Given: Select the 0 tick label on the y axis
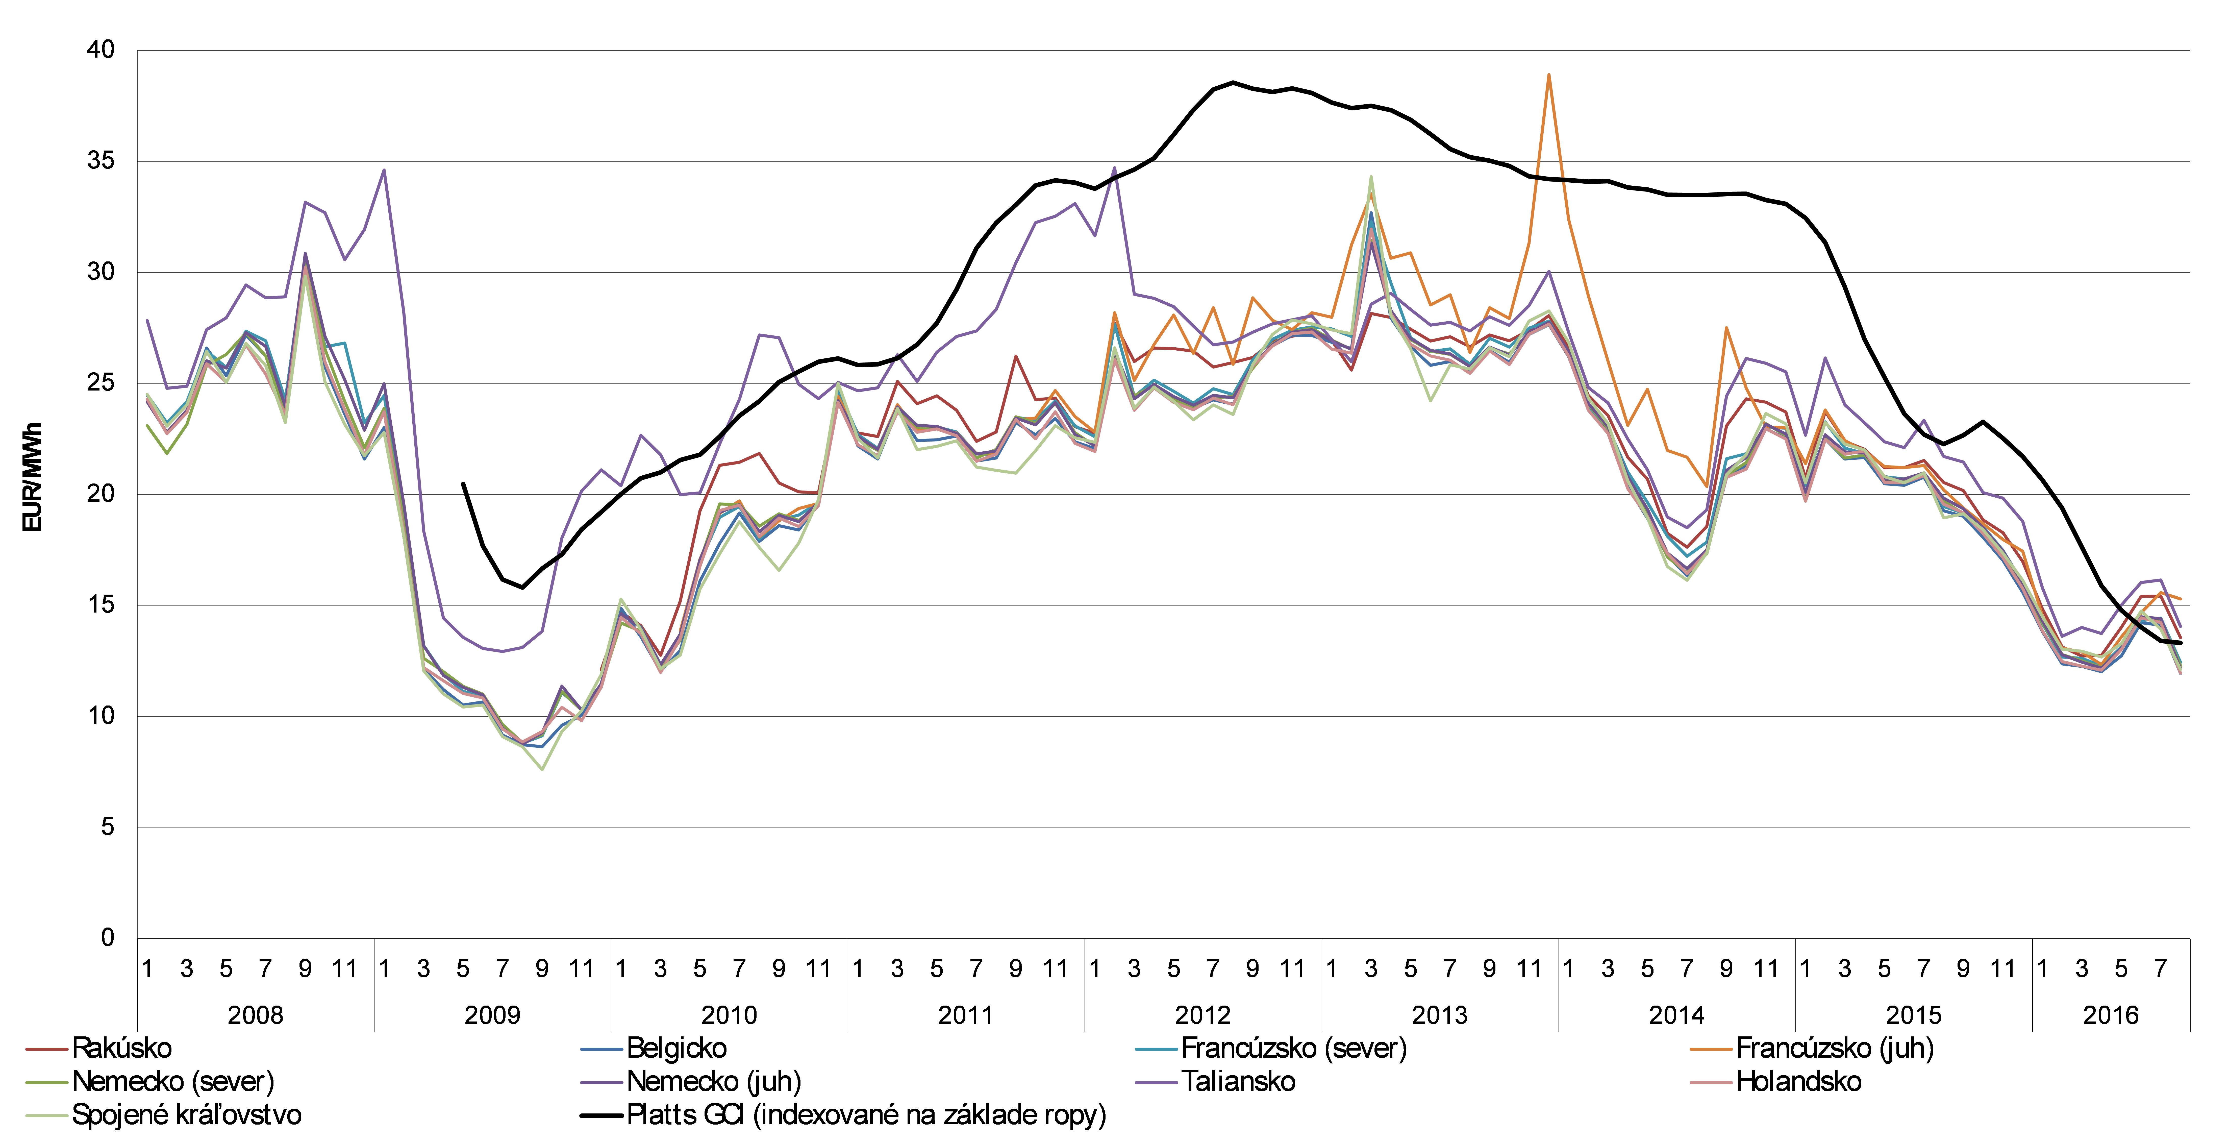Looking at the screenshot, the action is [107, 938].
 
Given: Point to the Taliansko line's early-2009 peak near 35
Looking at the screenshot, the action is [384, 170].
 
